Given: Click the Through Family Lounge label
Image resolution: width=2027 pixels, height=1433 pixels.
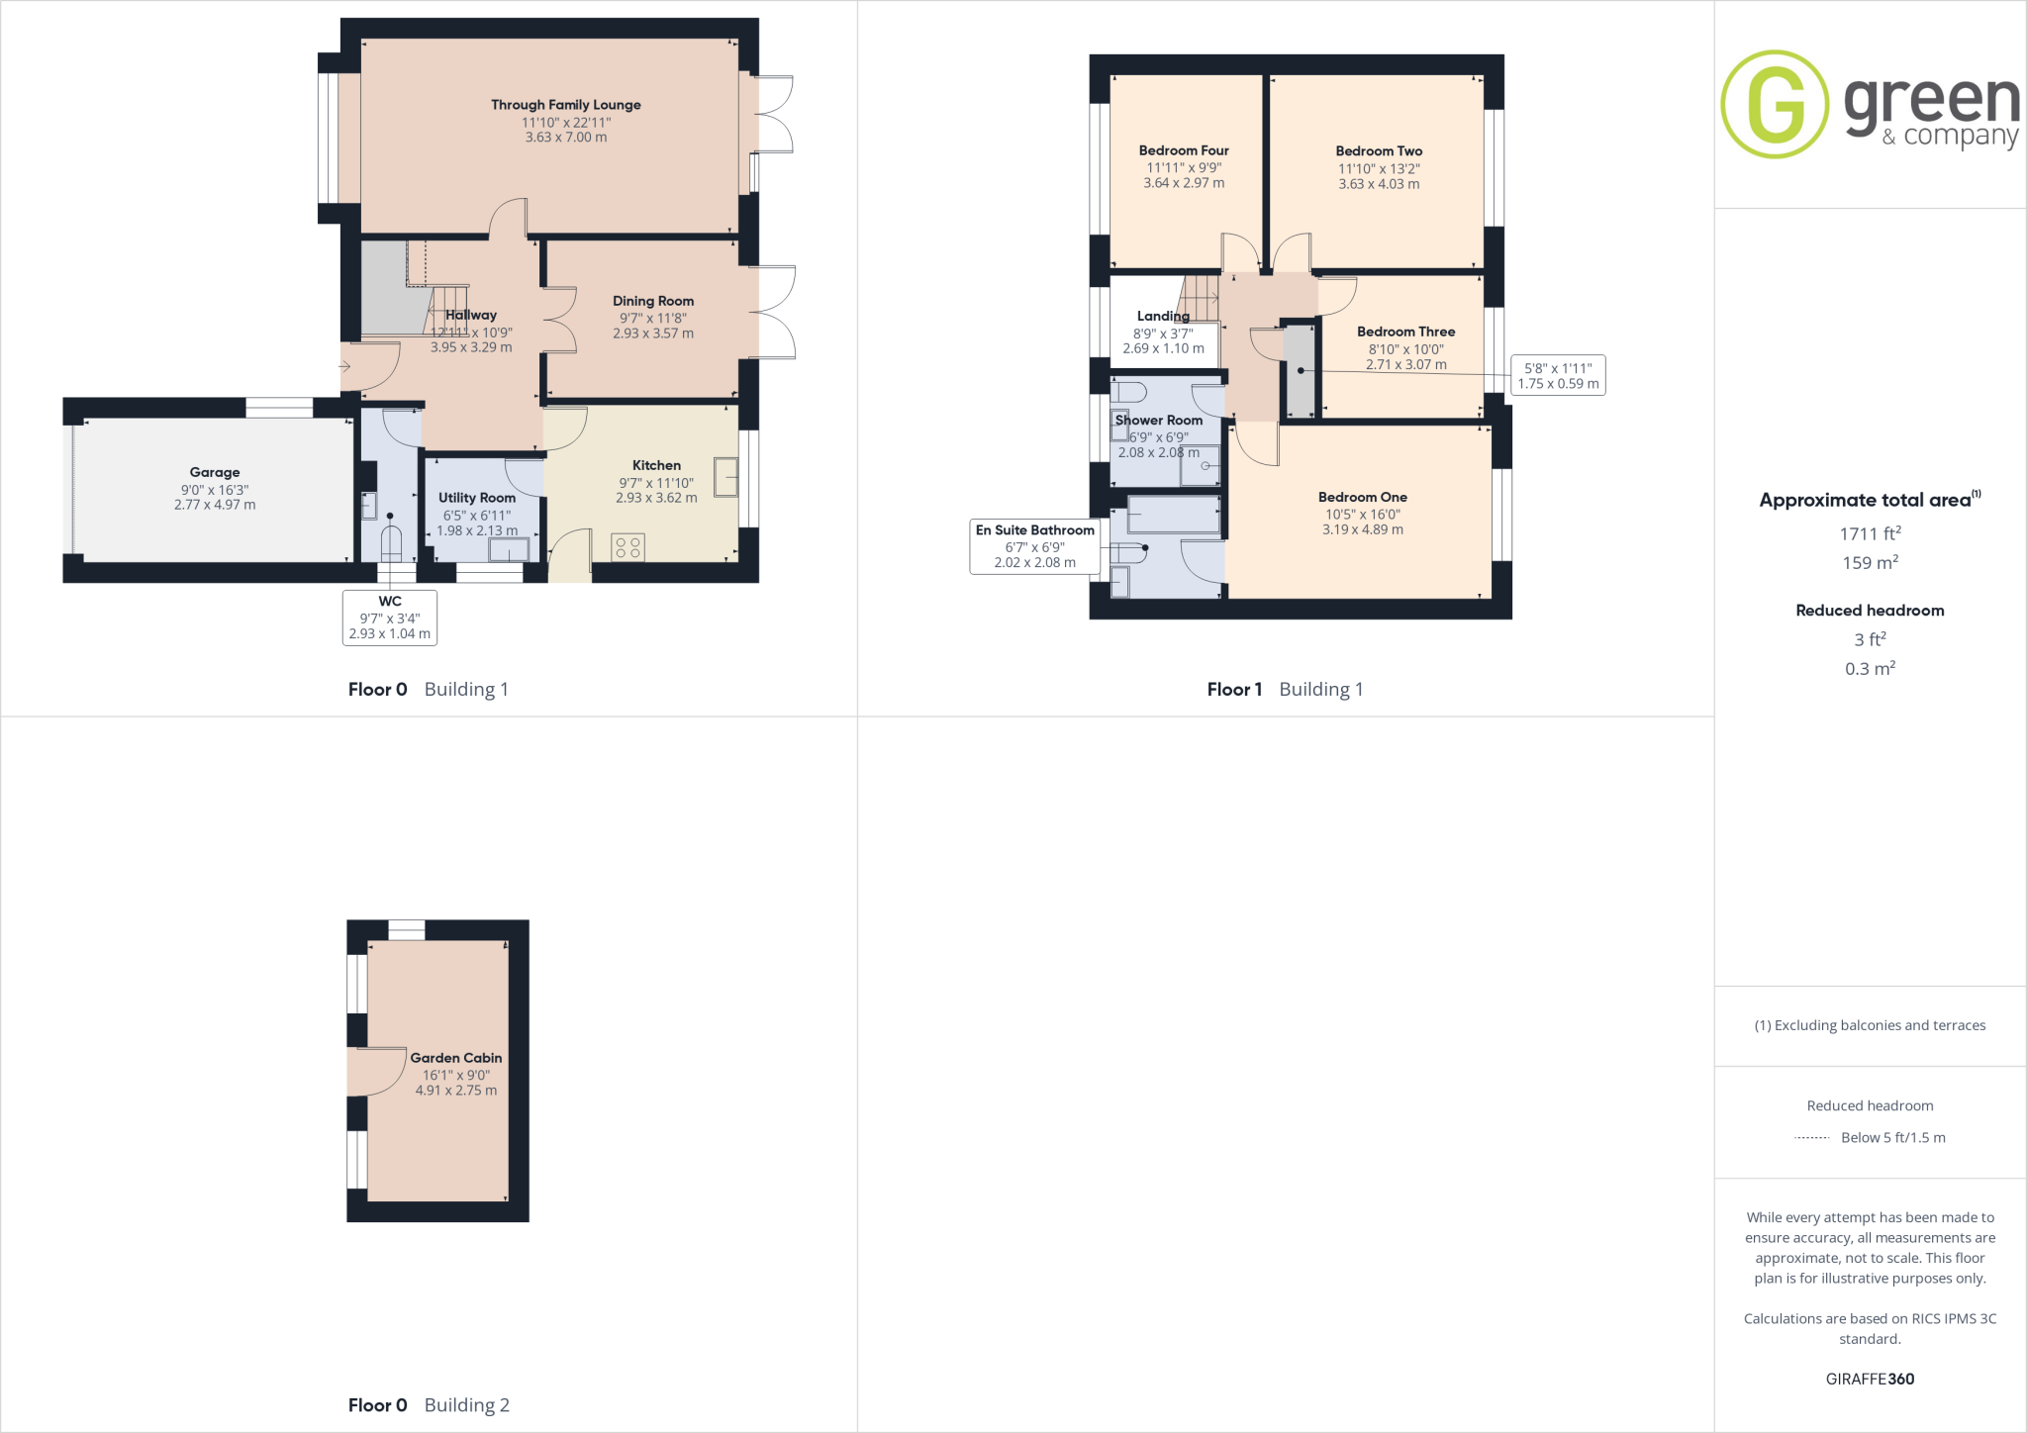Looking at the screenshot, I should [x=565, y=105].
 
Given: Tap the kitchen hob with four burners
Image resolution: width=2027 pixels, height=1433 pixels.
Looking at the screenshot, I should [x=628, y=547].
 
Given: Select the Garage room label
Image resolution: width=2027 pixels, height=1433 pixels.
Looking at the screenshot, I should [x=215, y=472].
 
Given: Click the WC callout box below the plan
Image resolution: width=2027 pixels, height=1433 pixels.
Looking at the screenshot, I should [x=390, y=618].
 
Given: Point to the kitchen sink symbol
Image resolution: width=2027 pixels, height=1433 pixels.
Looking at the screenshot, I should [x=726, y=477].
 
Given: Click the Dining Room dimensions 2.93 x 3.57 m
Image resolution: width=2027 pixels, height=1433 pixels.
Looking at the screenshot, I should [x=652, y=334].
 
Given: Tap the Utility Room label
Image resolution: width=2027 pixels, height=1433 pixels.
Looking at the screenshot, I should [x=477, y=498].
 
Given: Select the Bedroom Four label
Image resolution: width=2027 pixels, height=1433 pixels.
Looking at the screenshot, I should [x=1184, y=150].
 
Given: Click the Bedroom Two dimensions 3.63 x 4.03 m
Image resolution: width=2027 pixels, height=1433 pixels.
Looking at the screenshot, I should [x=1379, y=184].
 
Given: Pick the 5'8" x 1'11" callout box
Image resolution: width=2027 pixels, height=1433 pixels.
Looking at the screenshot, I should [x=1558, y=375].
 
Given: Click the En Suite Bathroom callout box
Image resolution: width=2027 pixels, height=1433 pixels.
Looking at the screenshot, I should [x=1035, y=546].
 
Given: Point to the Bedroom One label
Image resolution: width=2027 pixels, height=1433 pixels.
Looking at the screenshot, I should [x=1362, y=497].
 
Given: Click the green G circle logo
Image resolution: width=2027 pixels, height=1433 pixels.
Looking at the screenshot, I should [x=1775, y=104].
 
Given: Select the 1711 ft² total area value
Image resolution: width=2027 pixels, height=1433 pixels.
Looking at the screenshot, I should [x=1870, y=533].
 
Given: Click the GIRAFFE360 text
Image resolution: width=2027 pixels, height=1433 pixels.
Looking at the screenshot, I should [x=1870, y=1379].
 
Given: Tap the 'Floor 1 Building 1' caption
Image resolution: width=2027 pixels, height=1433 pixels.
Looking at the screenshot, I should [x=1285, y=689].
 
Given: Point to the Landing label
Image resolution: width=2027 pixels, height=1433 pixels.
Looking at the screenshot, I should [x=1163, y=316].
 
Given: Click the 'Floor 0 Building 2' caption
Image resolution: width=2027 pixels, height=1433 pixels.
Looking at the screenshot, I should [x=429, y=1405].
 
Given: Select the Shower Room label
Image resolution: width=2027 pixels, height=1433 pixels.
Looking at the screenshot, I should [x=1159, y=420].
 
